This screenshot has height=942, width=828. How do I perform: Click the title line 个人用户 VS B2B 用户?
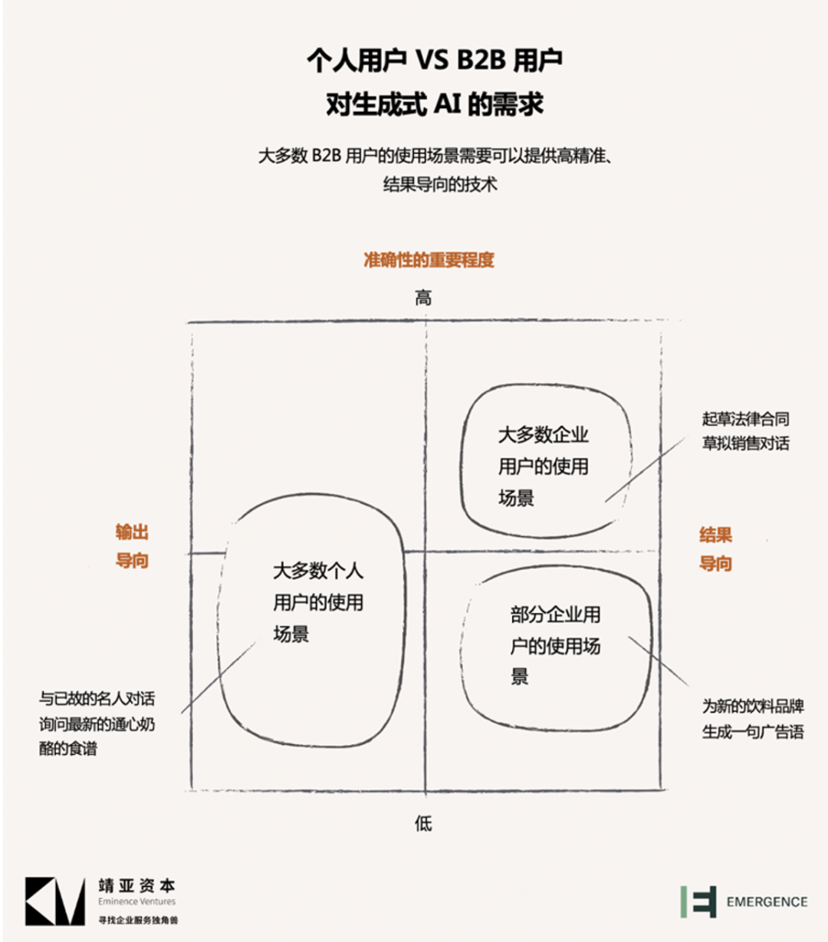point(435,61)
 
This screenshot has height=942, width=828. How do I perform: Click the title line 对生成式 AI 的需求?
point(435,104)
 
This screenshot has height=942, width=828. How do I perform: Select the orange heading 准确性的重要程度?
point(429,260)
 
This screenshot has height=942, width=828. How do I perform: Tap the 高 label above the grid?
point(423,298)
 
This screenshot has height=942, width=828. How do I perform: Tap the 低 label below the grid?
point(423,824)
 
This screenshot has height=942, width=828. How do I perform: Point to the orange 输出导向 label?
point(132,546)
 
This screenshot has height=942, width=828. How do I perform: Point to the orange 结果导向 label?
point(715,549)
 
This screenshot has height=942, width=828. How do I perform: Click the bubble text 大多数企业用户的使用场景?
point(544,466)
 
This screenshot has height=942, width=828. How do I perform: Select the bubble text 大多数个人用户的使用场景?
point(317,602)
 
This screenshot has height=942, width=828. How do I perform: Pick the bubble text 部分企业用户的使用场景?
point(555,645)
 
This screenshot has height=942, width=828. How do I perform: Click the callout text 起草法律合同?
point(745,419)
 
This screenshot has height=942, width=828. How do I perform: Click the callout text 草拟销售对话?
point(745,443)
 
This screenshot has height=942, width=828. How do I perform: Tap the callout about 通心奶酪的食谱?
point(97,735)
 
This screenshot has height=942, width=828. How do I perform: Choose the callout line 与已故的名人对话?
point(97,699)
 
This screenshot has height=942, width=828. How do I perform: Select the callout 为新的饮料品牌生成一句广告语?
point(753,719)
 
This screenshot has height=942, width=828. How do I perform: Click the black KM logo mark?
point(55,901)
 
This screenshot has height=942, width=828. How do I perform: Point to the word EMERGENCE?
point(767,902)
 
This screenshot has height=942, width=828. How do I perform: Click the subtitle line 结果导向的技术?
point(440,185)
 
